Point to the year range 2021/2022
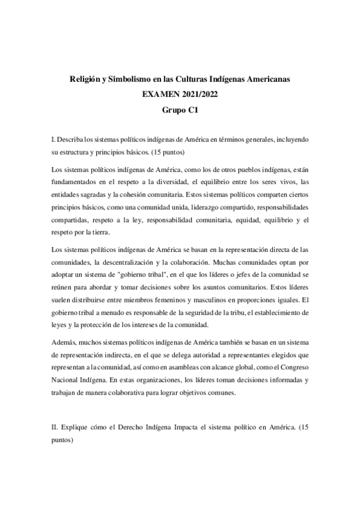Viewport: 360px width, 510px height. [197, 95]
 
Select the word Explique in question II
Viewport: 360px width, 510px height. [78, 426]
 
